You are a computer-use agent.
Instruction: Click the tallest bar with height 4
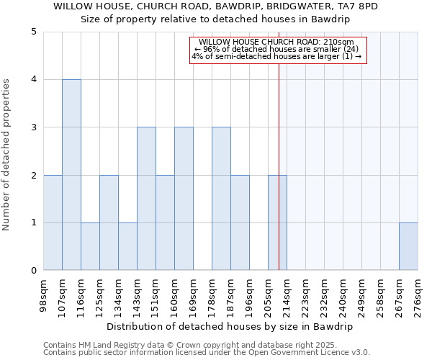coord(71,175)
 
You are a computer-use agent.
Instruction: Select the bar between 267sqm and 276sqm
coord(408,247)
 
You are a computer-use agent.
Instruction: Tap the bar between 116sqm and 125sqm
coord(90,247)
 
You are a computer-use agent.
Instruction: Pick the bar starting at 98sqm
coord(53,222)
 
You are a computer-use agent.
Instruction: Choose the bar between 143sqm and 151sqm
coord(146,199)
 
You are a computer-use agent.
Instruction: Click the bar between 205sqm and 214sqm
coord(277,222)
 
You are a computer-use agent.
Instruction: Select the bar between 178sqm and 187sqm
coord(221,199)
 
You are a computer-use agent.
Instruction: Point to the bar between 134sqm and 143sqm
coord(127,247)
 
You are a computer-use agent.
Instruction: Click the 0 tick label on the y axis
coord(33,271)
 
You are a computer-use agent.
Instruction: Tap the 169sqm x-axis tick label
coord(193,293)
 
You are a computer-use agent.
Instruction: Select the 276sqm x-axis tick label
coord(418,293)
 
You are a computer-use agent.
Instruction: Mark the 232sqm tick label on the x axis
coord(324,293)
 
